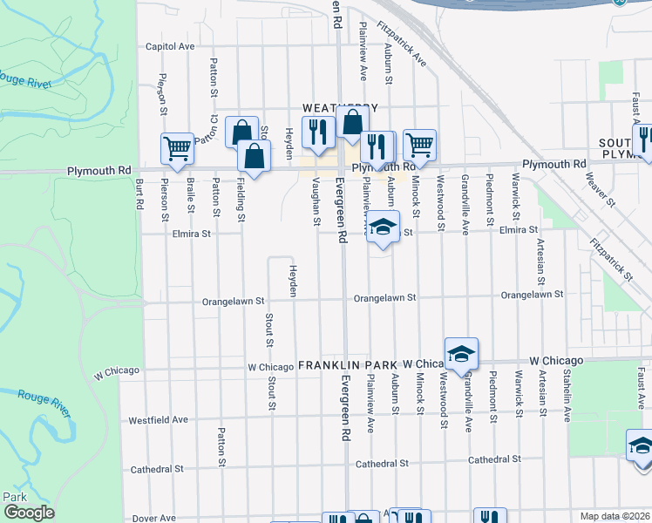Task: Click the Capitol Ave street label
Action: pos(169,46)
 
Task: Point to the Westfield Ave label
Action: pos(158,419)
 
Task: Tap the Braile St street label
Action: pos(189,198)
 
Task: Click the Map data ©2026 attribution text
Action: pos(615,516)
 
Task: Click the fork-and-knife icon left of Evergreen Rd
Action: pos(317,131)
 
